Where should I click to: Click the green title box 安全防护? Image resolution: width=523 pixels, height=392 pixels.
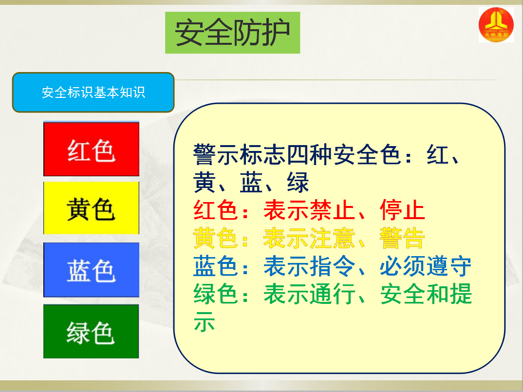[232, 33]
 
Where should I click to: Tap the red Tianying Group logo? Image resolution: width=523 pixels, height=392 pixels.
[496, 25]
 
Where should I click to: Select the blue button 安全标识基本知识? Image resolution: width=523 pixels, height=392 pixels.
[93, 93]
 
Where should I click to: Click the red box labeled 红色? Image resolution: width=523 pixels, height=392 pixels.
[91, 149]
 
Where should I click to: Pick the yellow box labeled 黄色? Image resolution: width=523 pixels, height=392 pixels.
[91, 208]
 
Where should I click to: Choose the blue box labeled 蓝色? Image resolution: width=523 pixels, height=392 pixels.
[91, 270]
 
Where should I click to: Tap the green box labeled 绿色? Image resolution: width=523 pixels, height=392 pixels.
[91, 331]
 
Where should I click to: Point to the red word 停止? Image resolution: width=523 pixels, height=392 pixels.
[402, 210]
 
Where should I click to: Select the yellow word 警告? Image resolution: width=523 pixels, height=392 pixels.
[402, 238]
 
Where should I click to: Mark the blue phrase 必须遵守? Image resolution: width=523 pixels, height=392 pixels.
[426, 266]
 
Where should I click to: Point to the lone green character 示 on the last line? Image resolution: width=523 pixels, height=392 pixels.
[204, 321]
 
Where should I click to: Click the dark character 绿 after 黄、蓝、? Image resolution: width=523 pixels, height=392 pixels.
[298, 183]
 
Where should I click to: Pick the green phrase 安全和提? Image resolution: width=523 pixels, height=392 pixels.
[426, 294]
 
